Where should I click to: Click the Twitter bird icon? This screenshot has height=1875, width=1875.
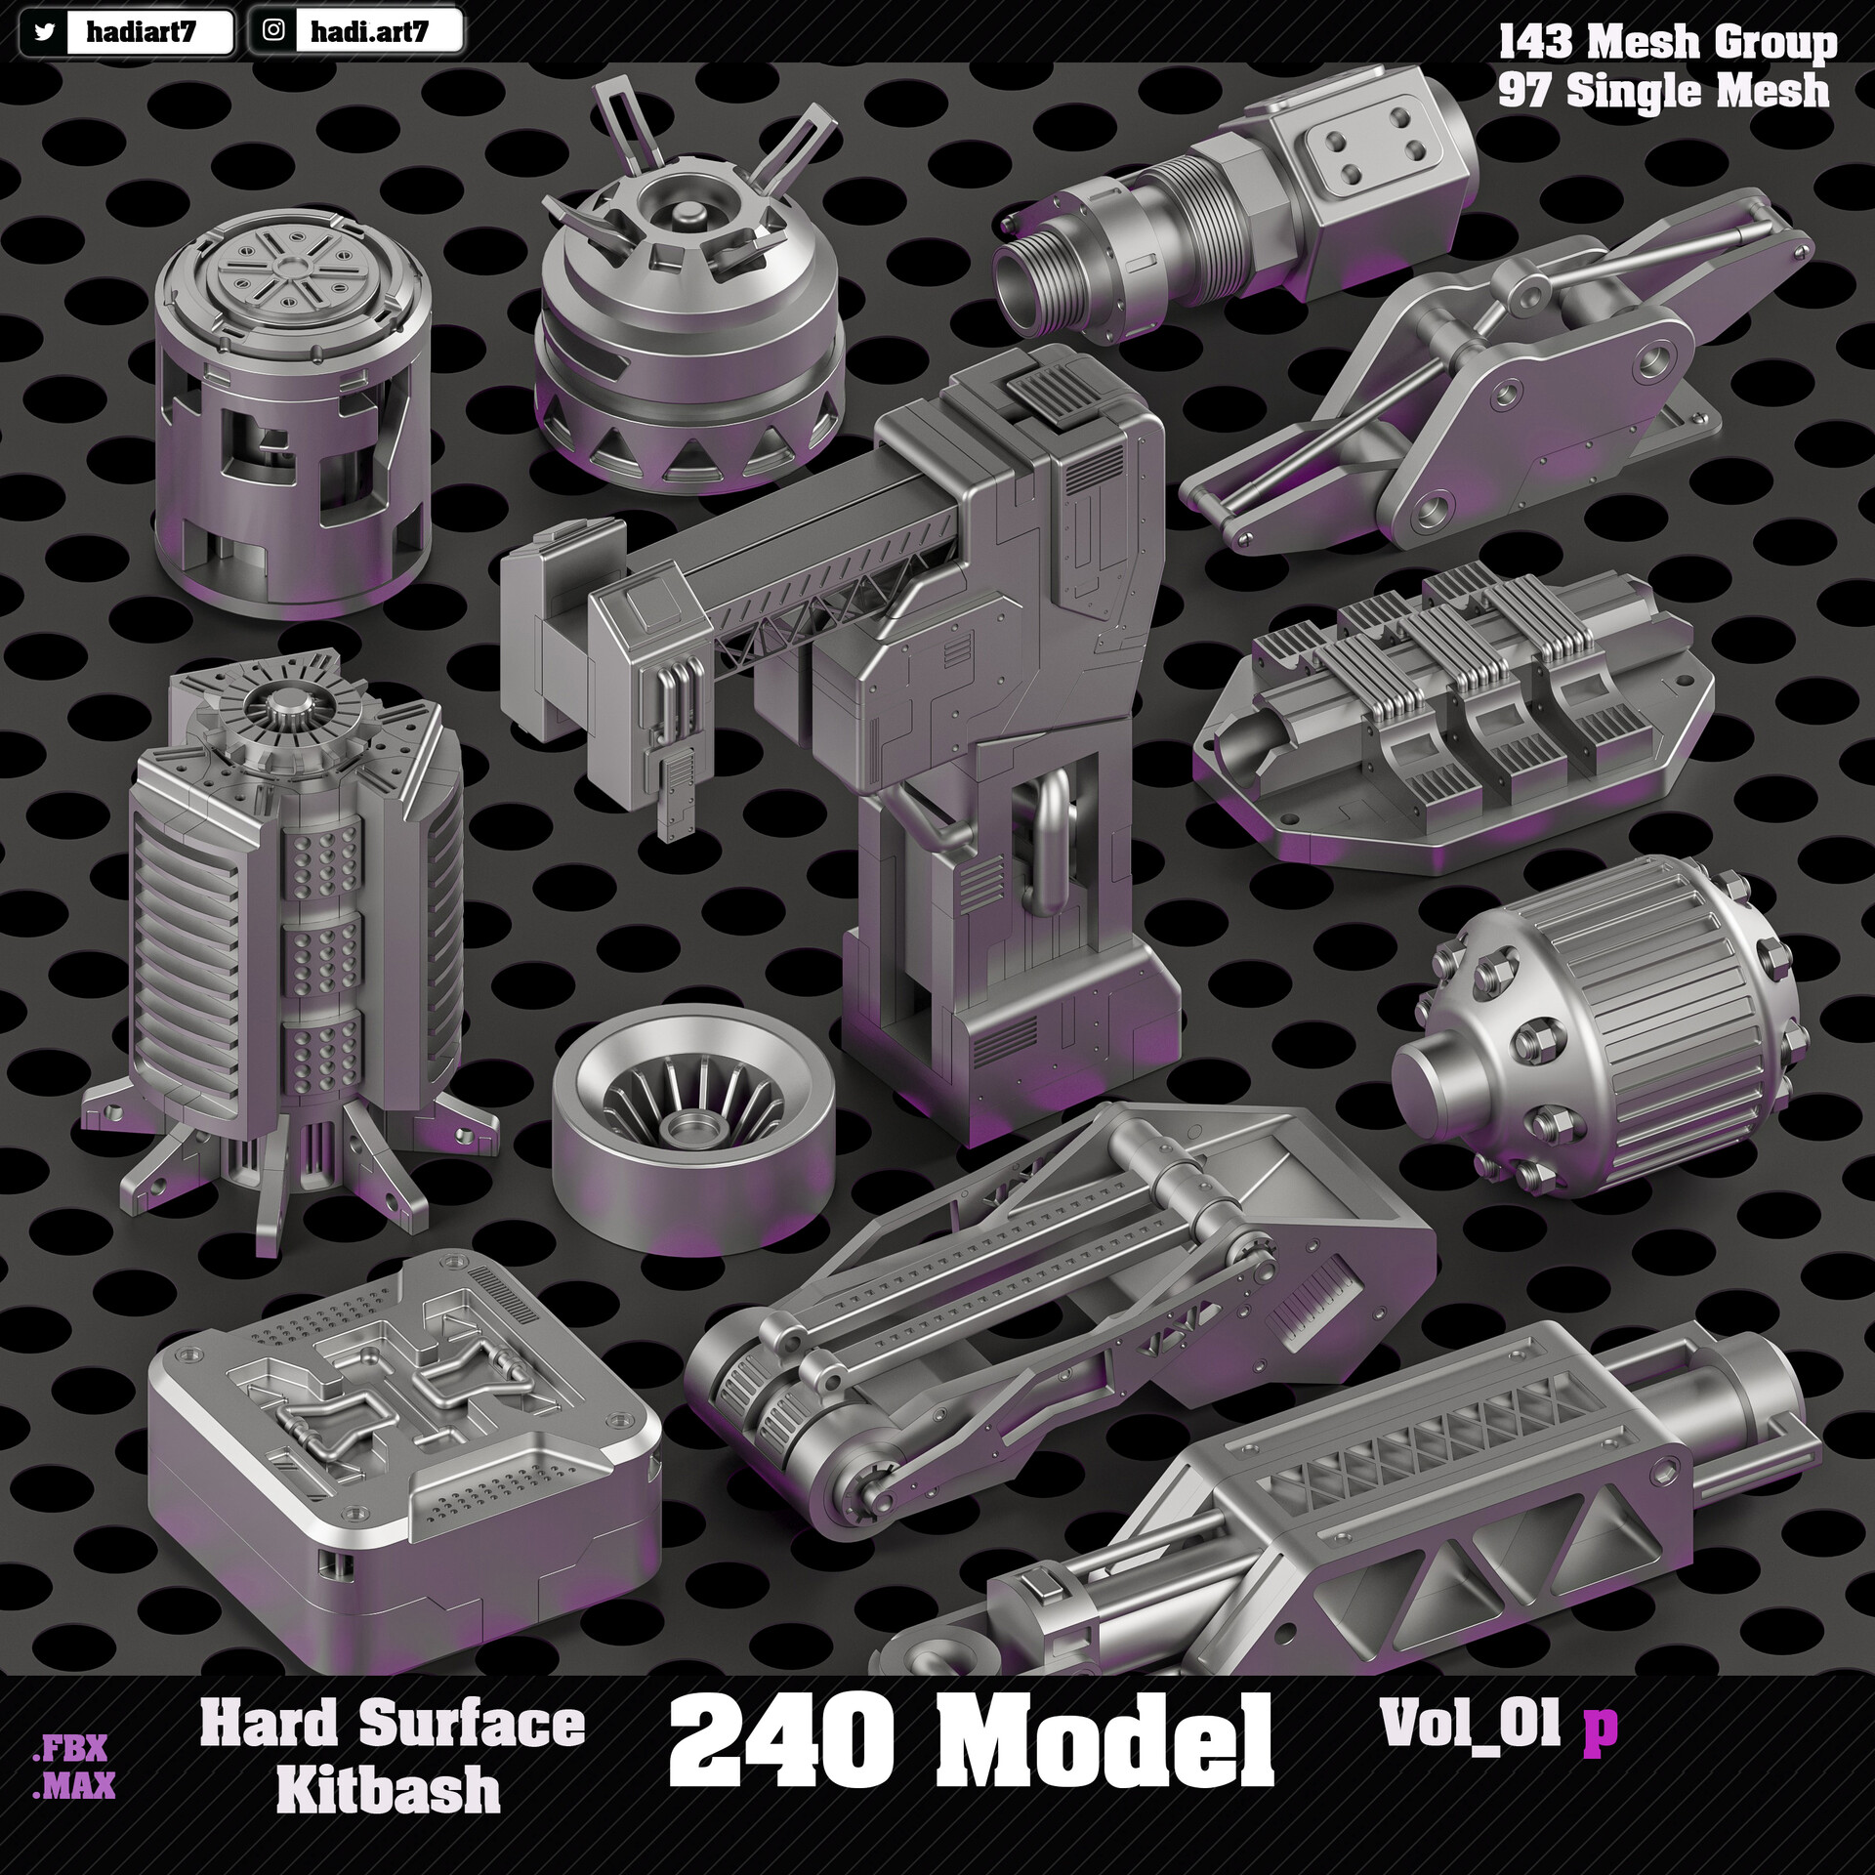[x=43, y=32]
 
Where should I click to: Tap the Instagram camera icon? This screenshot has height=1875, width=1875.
[x=275, y=30]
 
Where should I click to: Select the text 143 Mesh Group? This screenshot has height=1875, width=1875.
[x=1667, y=42]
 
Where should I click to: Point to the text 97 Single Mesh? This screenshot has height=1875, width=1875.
[x=1663, y=91]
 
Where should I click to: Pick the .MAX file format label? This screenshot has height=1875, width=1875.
[x=74, y=1758]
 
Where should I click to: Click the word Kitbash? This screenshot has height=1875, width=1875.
[x=389, y=1789]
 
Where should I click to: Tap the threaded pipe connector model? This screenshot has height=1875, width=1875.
[x=1230, y=205]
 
